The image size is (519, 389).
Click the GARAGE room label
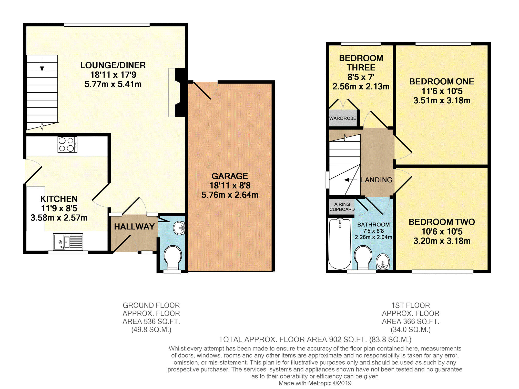(230, 176)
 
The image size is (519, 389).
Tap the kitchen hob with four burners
(67, 144)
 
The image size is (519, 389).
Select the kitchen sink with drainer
(68, 242)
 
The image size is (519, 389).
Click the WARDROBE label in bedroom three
(343, 118)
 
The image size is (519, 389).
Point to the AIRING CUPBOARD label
(342, 207)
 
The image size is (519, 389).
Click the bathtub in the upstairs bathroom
(340, 244)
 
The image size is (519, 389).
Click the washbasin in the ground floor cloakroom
(179, 228)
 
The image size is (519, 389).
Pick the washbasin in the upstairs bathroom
(383, 262)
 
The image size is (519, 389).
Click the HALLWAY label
(134, 226)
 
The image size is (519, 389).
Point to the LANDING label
(376, 180)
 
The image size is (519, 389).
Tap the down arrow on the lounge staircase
(42, 64)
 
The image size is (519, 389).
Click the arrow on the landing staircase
(351, 180)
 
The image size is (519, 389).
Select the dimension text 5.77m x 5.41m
(113, 84)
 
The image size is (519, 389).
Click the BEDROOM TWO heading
(442, 222)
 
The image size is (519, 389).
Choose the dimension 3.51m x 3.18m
(442, 100)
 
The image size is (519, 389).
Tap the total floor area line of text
(315, 340)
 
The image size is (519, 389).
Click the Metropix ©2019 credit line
(315, 383)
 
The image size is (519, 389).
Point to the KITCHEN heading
(59, 199)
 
